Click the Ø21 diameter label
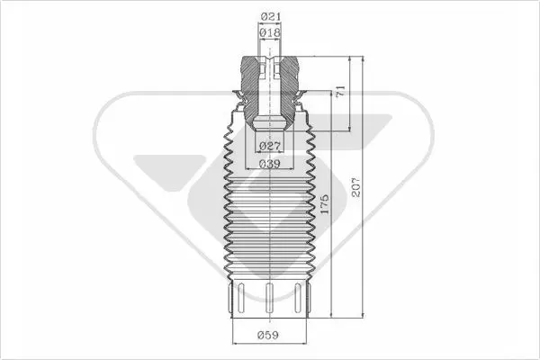pyautogui.click(x=270, y=16)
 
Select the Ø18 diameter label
pyautogui.click(x=270, y=32)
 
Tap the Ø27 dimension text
pyautogui.click(x=270, y=146)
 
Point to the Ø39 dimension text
pyautogui.click(x=270, y=164)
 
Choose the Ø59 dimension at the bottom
pyautogui.click(x=268, y=335)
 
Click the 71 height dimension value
pyautogui.click(x=340, y=91)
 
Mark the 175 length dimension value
pyautogui.click(x=324, y=204)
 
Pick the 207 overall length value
pyautogui.click(x=356, y=188)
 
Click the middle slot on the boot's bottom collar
pyautogui.click(x=270, y=298)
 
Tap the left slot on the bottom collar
pyautogui.click(x=240, y=298)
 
